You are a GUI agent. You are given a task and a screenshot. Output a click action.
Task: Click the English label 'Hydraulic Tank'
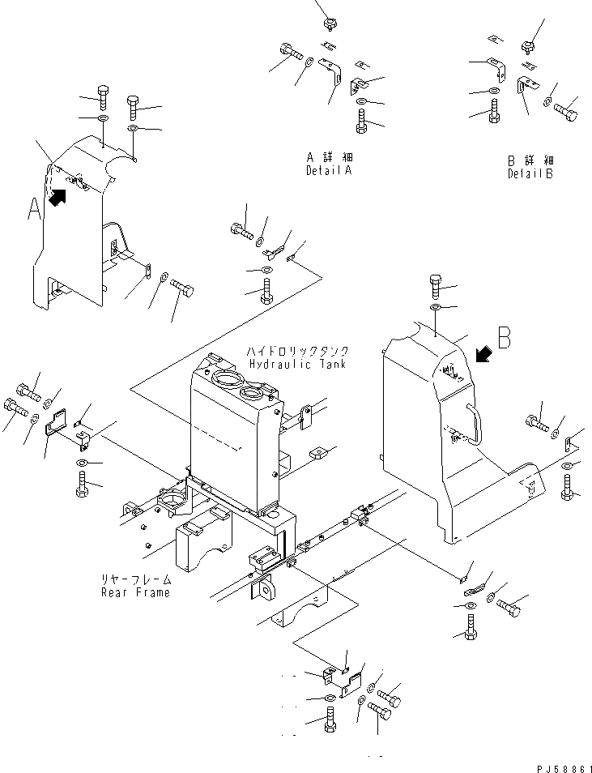pyautogui.click(x=297, y=365)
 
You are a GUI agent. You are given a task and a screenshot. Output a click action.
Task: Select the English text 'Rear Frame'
pyautogui.click(x=135, y=592)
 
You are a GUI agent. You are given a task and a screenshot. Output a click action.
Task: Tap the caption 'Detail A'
pyautogui.click(x=330, y=172)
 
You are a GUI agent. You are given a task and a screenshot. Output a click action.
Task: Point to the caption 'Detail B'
pyautogui.click(x=530, y=174)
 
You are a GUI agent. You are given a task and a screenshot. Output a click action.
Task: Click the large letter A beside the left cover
pyautogui.click(x=34, y=209)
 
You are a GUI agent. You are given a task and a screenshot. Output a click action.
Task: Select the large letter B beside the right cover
pyautogui.click(x=504, y=337)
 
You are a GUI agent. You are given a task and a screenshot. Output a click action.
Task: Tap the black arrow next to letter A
pyautogui.click(x=57, y=196)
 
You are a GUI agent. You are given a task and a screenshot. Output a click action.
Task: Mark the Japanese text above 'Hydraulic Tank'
pyautogui.click(x=299, y=352)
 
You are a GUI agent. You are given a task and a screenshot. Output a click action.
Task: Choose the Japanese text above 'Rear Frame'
pyautogui.click(x=135, y=580)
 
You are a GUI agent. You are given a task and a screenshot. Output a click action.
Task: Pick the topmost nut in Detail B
pyautogui.click(x=528, y=46)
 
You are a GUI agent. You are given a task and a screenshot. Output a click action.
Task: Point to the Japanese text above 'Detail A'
pyautogui.click(x=330, y=159)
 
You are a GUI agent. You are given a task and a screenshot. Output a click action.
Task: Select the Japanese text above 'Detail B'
pyautogui.click(x=530, y=161)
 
